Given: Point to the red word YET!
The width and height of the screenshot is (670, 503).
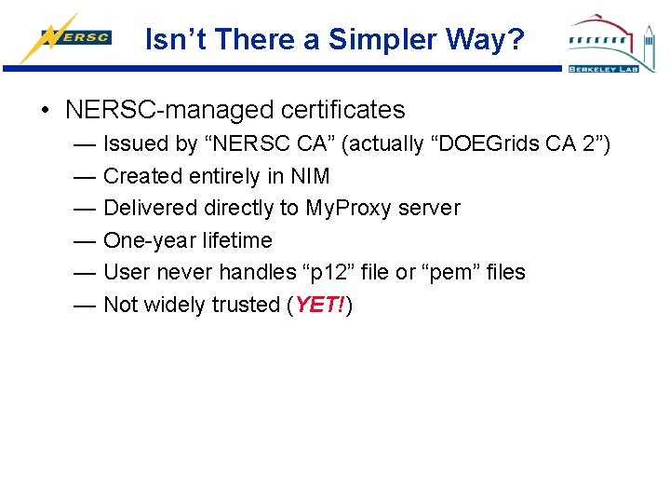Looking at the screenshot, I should (x=320, y=305).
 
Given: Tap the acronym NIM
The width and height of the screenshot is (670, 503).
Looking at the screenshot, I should (x=310, y=176).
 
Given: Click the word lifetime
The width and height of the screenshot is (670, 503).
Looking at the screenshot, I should (x=237, y=240).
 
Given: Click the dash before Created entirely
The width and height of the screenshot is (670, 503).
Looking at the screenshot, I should (x=85, y=176).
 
